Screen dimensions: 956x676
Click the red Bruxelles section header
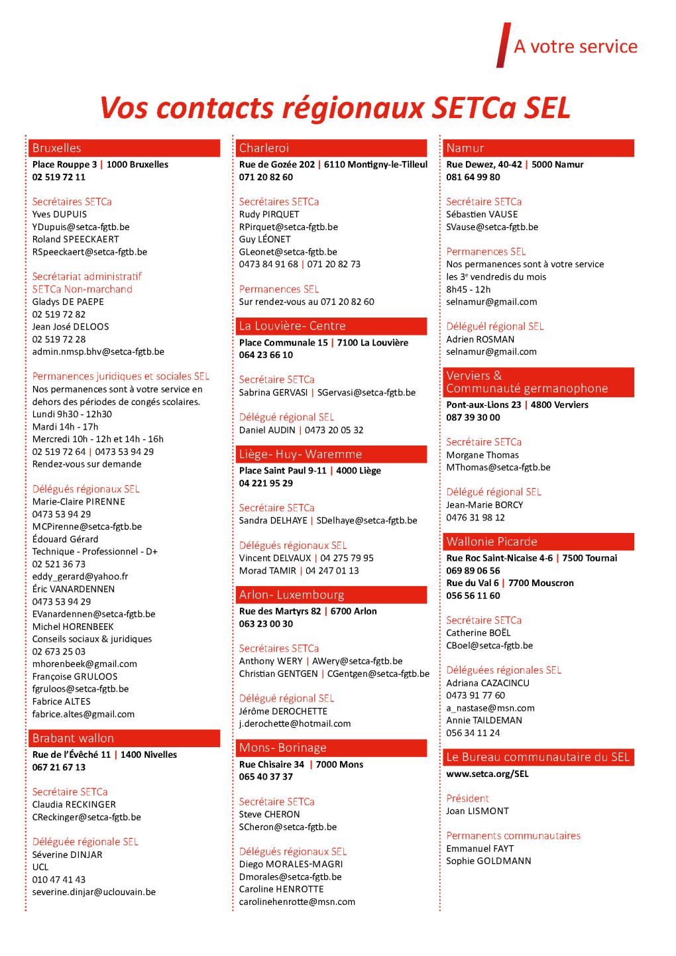coord(124,148)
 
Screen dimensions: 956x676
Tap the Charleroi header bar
coord(331,148)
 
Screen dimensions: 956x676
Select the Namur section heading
coord(538,148)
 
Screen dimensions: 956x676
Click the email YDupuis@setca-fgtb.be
coord(81,227)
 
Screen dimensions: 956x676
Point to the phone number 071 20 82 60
coord(266,177)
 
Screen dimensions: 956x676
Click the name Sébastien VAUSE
coord(482,214)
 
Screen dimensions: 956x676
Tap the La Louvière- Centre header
coord(331,326)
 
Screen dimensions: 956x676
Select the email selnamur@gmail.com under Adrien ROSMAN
coord(491,351)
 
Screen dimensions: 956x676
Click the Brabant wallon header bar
coord(124,738)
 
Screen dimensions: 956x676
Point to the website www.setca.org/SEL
coord(487,774)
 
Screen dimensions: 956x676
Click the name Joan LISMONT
coord(477,811)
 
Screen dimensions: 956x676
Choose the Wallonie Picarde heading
coord(538,541)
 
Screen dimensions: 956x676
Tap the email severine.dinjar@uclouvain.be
coord(94,892)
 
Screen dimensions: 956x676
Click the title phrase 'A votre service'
coord(575,46)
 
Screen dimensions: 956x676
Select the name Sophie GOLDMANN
coord(488,861)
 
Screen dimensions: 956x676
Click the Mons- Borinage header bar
coord(331,747)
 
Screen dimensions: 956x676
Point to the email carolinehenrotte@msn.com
coord(297,902)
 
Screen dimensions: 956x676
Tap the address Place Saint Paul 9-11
coord(283,470)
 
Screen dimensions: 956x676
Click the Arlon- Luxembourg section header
coord(331,595)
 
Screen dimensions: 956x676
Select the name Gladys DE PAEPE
coord(68,302)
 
